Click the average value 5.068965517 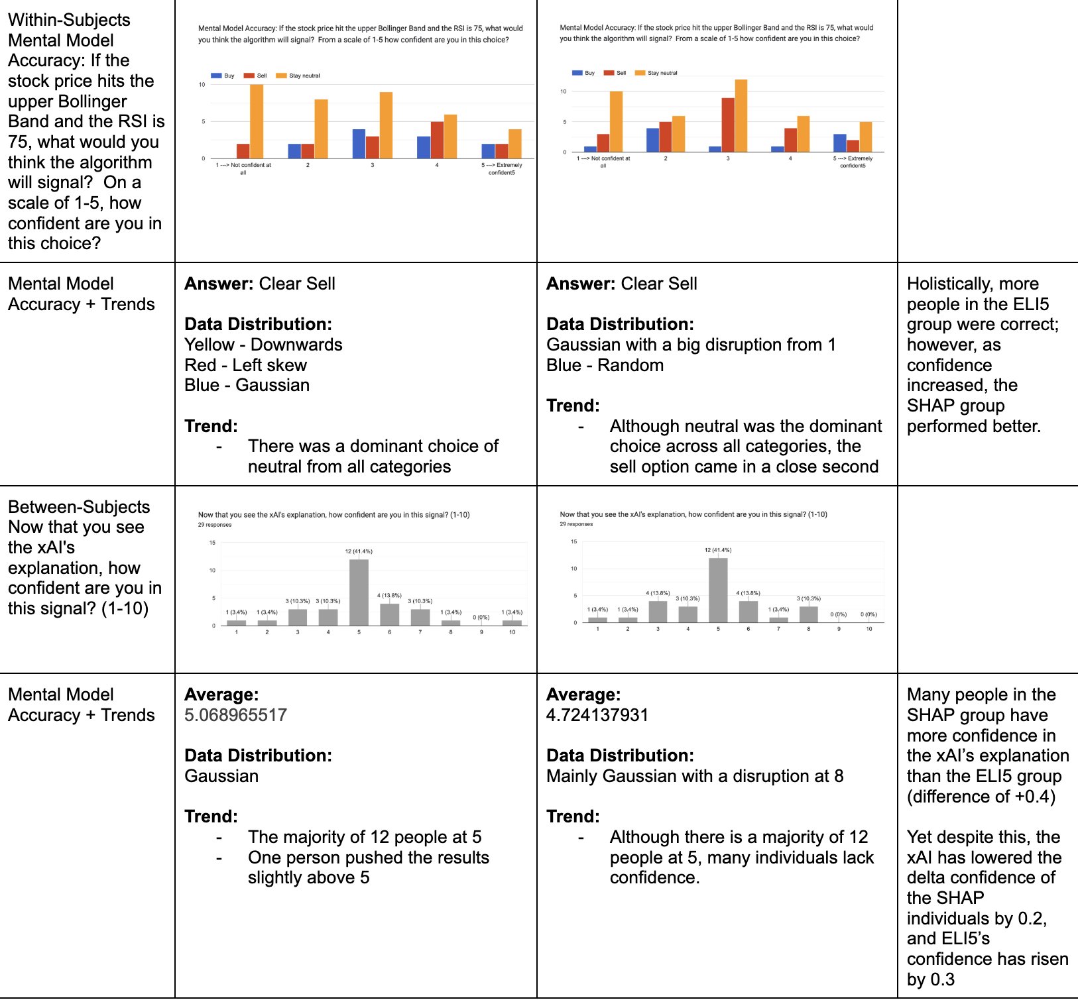tap(235, 715)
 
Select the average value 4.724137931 tap(597, 715)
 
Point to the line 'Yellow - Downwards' tap(263, 345)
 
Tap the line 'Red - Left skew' tap(245, 365)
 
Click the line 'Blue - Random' tap(605, 365)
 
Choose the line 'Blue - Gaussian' tap(247, 385)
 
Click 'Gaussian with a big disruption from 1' tap(691, 345)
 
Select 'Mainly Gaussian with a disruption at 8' tap(695, 776)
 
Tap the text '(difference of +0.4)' tap(981, 797)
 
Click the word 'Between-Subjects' tap(79, 507)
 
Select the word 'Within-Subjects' tap(69, 20)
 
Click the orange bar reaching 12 tap(741, 116)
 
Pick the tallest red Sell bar tap(728, 125)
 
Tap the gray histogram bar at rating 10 tap(512, 623)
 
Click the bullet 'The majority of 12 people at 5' tap(365, 837)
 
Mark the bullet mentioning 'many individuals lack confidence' tap(742, 858)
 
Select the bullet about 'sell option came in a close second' tap(746, 447)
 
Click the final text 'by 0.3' tap(931, 979)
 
